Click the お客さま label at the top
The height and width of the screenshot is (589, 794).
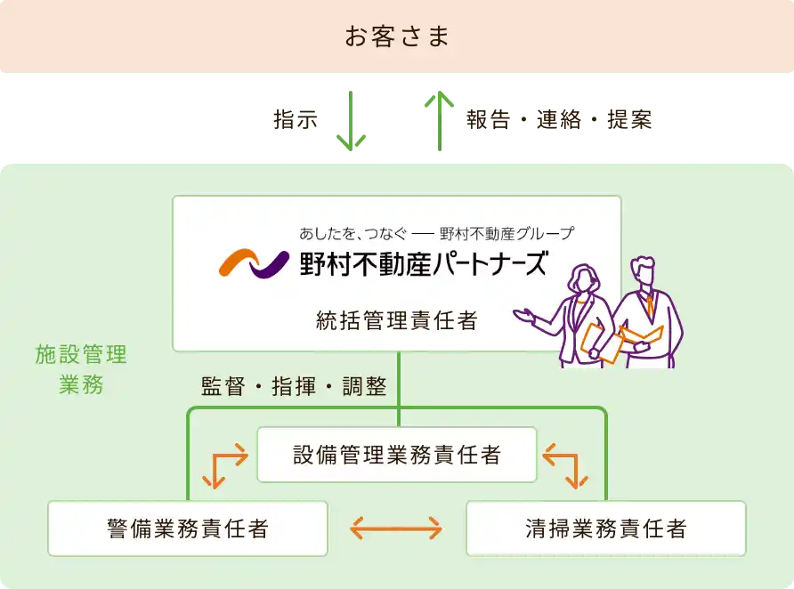pos(397,37)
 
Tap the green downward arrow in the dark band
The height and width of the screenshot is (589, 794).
pos(351,120)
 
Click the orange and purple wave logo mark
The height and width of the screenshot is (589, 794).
pos(254,263)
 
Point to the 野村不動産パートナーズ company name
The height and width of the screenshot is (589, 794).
pos(424,264)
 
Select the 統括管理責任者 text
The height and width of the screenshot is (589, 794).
pos(397,320)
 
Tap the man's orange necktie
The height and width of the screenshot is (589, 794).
pos(651,306)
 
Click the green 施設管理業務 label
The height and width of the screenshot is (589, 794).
pos(81,369)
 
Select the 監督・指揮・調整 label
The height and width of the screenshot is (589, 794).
pos(294,387)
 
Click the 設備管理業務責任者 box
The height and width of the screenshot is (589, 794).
pos(397,455)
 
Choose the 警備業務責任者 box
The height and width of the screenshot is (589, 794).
pos(188,528)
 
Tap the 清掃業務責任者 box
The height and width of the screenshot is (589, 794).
pos(606,528)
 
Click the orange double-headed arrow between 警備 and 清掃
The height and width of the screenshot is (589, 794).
pos(396,529)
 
